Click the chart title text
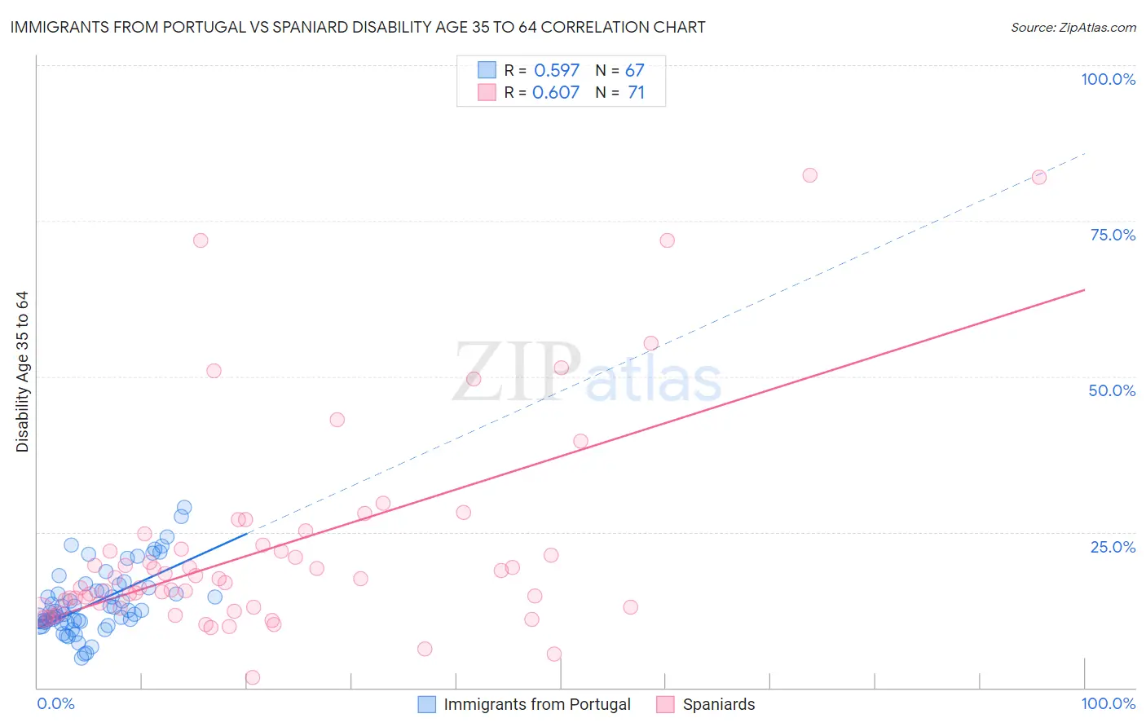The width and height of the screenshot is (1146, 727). tap(358, 27)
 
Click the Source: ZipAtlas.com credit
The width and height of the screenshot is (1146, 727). tap(1073, 27)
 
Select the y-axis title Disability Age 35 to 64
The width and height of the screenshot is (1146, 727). tap(22, 372)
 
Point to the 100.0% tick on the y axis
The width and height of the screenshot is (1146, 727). tap(1108, 79)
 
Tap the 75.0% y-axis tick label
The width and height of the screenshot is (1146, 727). tap(1113, 235)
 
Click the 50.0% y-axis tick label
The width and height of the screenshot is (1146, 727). tap(1112, 390)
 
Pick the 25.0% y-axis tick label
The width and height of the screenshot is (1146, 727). tap(1113, 546)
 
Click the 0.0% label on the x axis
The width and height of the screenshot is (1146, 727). tap(55, 703)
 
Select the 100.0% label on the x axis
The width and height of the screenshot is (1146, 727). tap(1108, 703)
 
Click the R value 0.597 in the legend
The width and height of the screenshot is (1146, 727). tap(557, 70)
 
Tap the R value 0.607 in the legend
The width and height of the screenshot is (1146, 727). tap(556, 92)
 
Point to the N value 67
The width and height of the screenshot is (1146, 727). tap(634, 70)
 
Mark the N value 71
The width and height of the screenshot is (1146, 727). tap(636, 92)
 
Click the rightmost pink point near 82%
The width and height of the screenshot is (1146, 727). tap(1038, 177)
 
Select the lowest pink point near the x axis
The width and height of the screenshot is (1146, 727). tap(253, 677)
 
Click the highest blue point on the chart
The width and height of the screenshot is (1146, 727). tap(184, 508)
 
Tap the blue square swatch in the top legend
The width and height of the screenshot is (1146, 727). tap(487, 70)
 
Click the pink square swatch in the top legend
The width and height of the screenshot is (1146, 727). tap(487, 92)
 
